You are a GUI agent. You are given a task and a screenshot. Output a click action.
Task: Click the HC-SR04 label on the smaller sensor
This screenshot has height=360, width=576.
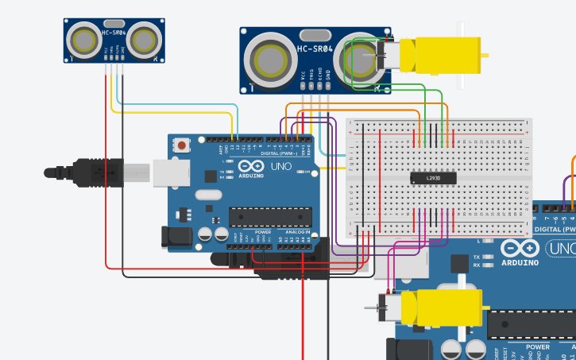[x=114, y=33]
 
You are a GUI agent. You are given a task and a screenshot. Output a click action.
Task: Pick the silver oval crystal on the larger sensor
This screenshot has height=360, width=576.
[x=315, y=34]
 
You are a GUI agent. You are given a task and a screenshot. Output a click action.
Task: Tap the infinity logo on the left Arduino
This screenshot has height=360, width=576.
[x=231, y=168]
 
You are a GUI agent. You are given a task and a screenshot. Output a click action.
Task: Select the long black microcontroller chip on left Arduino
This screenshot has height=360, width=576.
[x=270, y=216]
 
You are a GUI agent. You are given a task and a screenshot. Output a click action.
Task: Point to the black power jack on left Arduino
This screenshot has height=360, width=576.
[x=176, y=237]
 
